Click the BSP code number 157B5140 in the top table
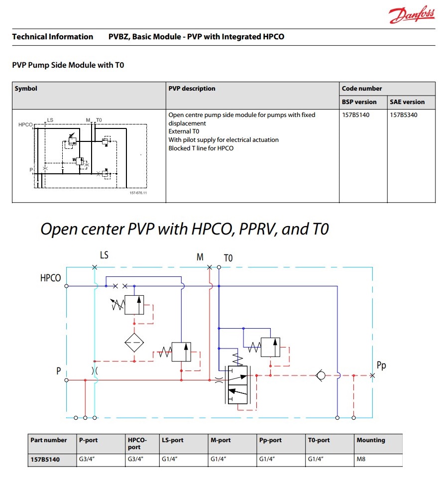point(356,115)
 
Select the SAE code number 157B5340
point(404,115)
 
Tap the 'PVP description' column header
point(192,89)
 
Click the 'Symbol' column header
point(26,89)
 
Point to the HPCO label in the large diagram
point(50,278)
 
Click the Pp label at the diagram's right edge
point(381,365)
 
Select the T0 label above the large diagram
point(228,258)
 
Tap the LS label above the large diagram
point(104,255)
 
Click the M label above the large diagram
point(200,257)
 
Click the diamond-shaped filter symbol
point(134,343)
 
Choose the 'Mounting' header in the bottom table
point(371,440)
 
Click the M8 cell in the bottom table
point(361,459)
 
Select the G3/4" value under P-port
point(87,459)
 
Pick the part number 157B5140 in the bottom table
point(45,459)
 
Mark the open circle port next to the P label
point(67,380)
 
